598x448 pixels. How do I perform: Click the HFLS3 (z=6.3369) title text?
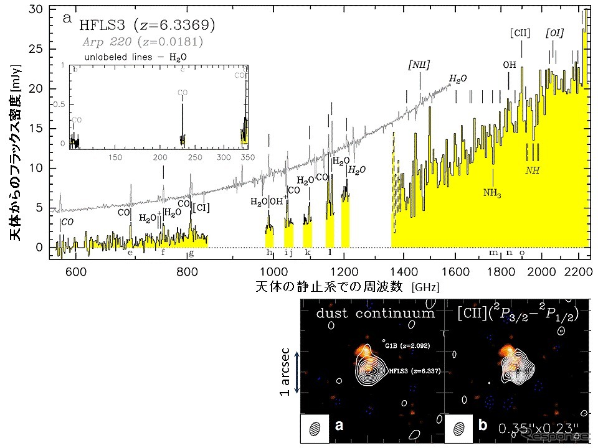pyautogui.click(x=147, y=25)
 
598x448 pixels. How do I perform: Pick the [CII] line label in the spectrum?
pyautogui.click(x=520, y=32)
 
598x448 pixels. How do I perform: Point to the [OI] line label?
pyautogui.click(x=554, y=32)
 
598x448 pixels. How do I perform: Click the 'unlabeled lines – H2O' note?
pyautogui.click(x=135, y=55)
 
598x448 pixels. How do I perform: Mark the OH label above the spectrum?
pyautogui.click(x=510, y=64)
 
